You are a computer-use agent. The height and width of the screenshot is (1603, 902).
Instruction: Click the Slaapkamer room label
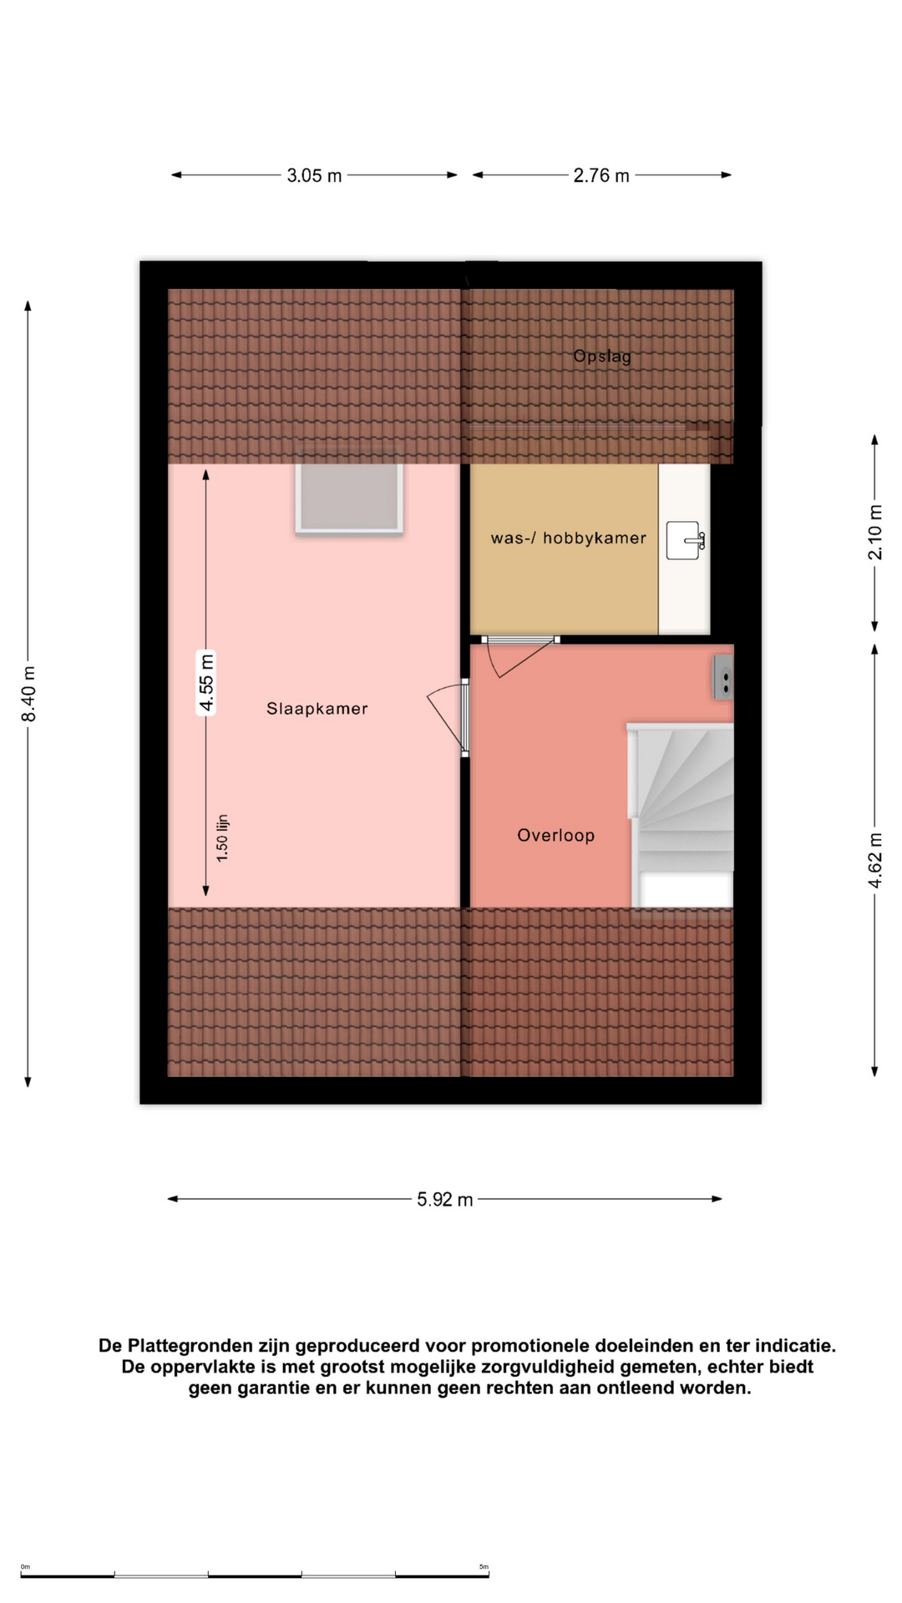(x=317, y=709)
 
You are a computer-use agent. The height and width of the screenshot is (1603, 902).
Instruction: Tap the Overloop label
(x=556, y=836)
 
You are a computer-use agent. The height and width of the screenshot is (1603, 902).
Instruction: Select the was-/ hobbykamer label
(x=569, y=539)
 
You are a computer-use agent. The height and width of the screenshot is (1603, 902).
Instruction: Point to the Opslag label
(x=602, y=357)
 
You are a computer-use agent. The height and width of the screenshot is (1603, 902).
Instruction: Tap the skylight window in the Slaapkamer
(x=349, y=498)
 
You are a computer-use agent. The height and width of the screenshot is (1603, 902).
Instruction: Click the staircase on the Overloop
(x=681, y=815)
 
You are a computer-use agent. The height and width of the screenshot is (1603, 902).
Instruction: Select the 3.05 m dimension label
(x=315, y=175)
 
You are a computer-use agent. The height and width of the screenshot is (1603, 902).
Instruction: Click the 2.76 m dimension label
(x=601, y=175)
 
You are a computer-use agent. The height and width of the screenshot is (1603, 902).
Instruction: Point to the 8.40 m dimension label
(x=29, y=694)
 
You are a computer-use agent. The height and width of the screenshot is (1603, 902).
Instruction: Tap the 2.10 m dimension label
(x=875, y=533)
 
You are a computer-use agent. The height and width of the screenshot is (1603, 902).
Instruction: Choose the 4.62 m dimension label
(x=875, y=860)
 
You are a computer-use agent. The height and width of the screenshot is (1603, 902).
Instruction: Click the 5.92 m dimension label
(x=445, y=1200)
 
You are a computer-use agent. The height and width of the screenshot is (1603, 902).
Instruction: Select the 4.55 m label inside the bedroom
(x=206, y=684)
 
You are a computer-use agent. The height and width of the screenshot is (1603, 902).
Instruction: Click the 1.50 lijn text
(x=222, y=838)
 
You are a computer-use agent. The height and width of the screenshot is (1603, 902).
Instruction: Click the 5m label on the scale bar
(x=484, y=1567)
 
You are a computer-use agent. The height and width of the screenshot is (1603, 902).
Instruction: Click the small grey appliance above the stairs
(x=723, y=676)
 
